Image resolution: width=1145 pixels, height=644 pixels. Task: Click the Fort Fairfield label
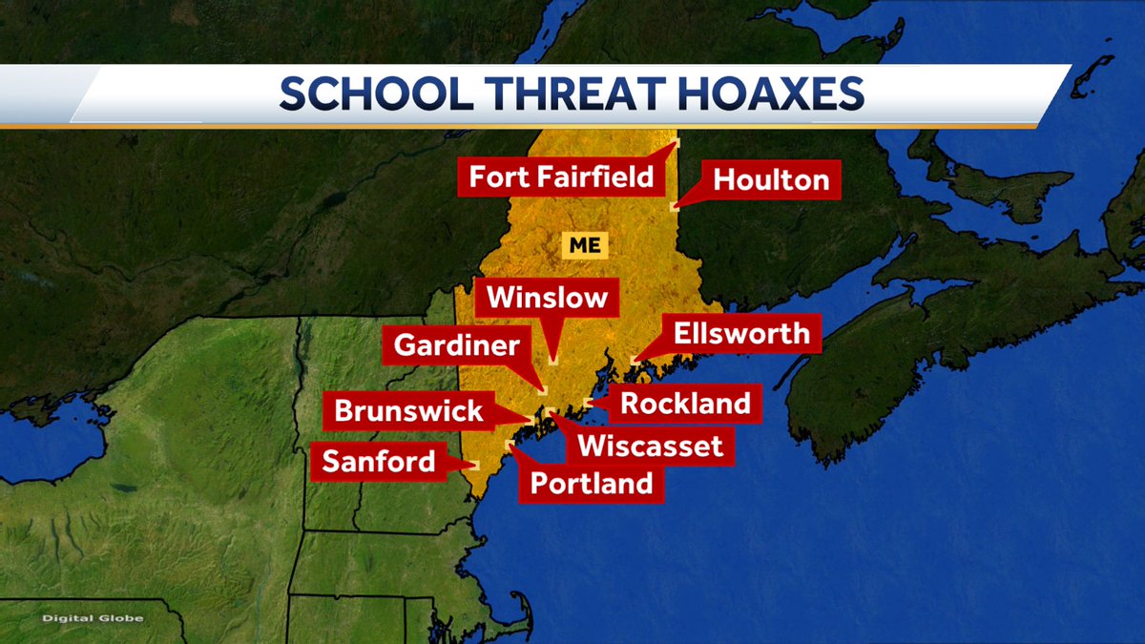click(x=561, y=177)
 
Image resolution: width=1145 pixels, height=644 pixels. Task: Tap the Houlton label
click(x=771, y=179)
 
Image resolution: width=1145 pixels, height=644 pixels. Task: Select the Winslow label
click(x=547, y=298)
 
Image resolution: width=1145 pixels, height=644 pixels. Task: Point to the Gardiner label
click(x=456, y=345)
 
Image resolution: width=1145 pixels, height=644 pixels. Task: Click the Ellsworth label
click(x=741, y=334)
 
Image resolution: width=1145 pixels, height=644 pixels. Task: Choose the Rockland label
click(x=685, y=404)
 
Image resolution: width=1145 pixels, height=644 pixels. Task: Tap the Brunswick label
click(x=408, y=411)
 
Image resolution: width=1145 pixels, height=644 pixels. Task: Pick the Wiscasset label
click(x=651, y=445)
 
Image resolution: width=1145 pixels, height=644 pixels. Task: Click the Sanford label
click(x=378, y=462)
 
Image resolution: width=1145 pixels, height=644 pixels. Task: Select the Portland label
click(x=592, y=484)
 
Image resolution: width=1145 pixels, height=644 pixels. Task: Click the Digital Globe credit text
click(x=92, y=618)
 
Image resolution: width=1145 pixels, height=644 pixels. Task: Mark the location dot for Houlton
click(x=675, y=204)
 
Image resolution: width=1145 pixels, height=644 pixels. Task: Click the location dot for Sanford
click(x=475, y=466)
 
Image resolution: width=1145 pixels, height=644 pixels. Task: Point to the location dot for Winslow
click(x=553, y=362)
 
